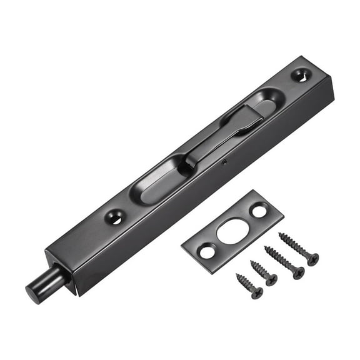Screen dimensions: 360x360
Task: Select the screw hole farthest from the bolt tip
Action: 301,75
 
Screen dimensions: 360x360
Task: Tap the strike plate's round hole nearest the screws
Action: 206,252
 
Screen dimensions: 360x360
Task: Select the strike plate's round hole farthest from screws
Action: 259,211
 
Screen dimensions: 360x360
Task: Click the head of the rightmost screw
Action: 312,259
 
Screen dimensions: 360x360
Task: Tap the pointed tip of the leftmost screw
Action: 237,274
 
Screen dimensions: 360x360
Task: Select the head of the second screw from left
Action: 271,280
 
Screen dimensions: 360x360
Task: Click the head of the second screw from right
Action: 297,272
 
